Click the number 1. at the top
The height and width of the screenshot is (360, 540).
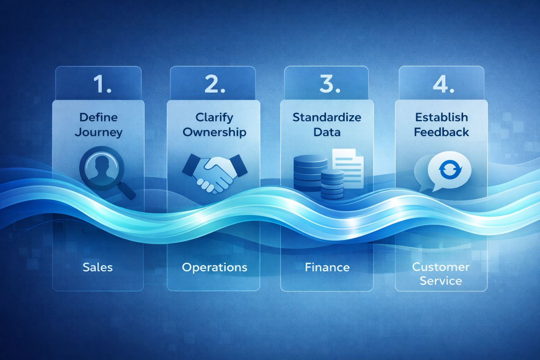click(102, 84)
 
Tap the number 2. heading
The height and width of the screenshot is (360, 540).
click(214, 84)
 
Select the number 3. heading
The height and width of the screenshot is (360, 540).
click(329, 84)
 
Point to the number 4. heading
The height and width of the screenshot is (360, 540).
click(443, 84)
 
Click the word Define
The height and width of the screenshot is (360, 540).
click(98, 117)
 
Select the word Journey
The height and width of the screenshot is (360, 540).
click(98, 133)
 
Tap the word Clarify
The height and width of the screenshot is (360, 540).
click(214, 117)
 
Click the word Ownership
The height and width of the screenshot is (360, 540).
click(214, 132)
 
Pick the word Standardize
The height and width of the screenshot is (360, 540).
click(327, 117)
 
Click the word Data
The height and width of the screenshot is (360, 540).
click(327, 132)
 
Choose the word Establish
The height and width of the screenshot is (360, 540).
click(441, 117)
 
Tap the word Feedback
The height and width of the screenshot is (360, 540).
click(441, 132)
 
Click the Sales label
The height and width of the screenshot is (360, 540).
click(98, 267)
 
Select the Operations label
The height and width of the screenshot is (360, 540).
click(214, 267)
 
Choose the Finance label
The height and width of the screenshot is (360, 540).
click(327, 267)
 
